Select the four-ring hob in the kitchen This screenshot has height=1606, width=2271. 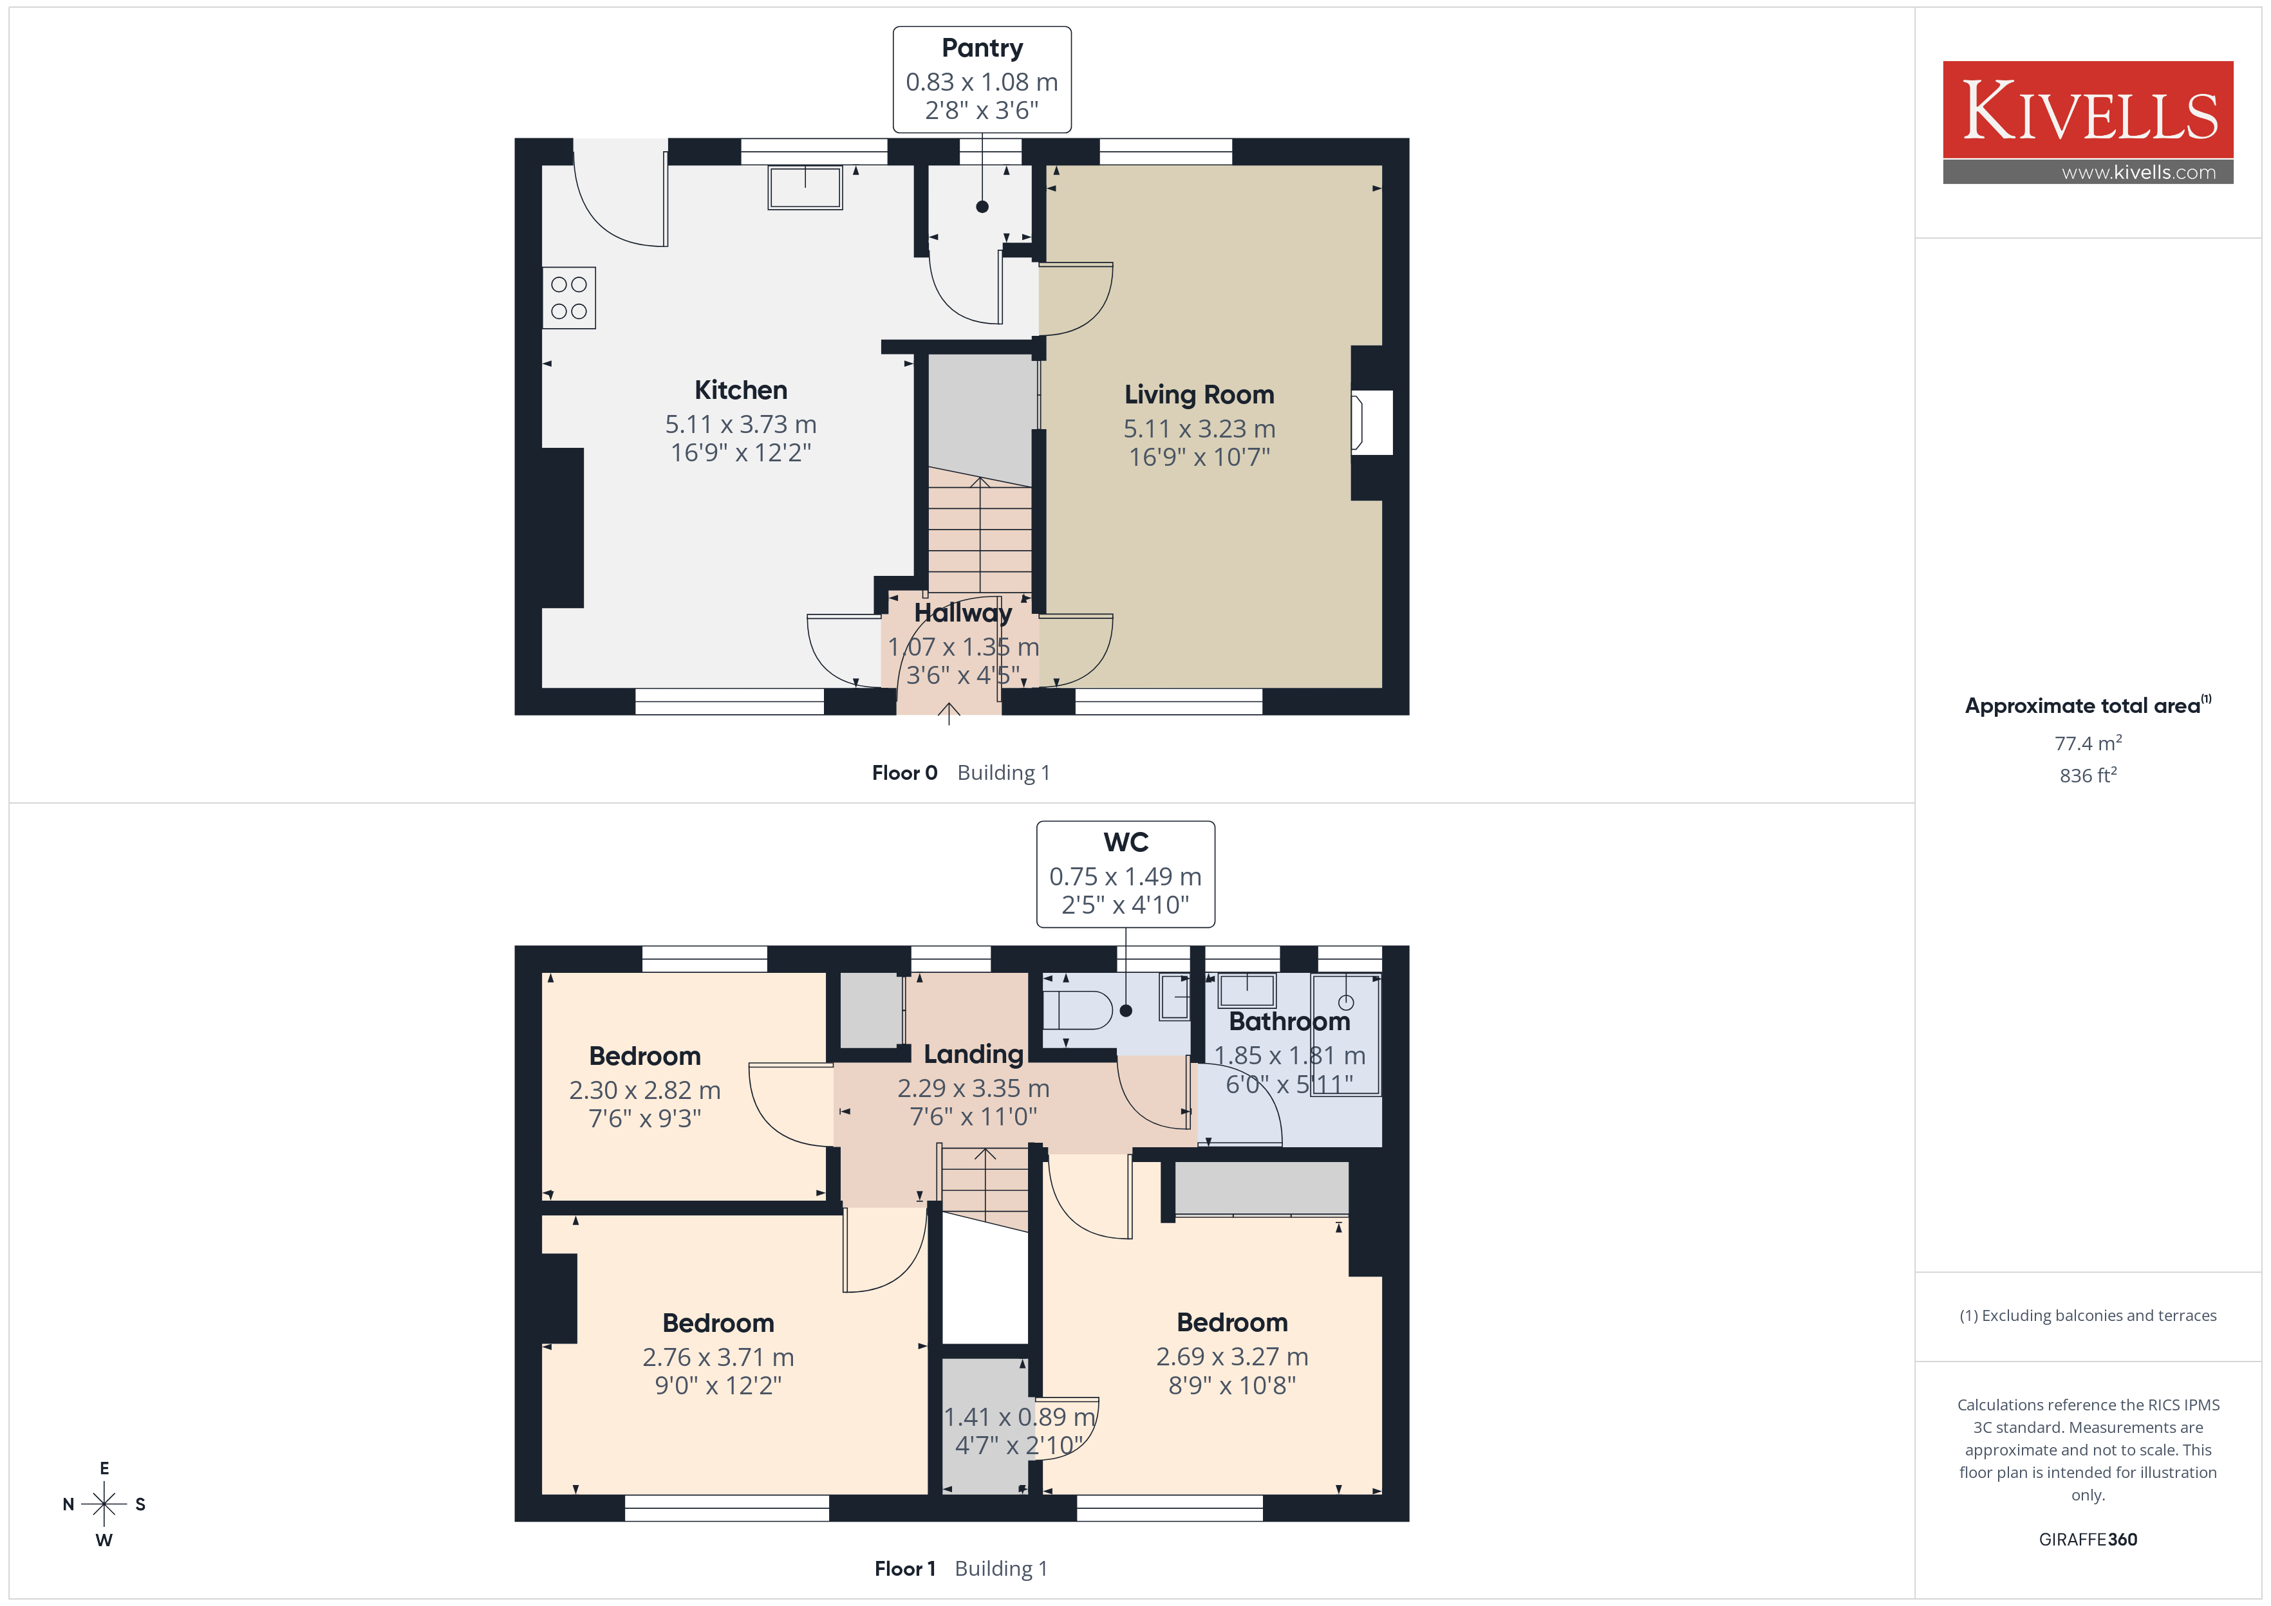[569, 298]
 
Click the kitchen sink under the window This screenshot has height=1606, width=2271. [805, 187]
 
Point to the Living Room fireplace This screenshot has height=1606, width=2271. [1371, 422]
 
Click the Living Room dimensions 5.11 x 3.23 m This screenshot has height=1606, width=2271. [1199, 428]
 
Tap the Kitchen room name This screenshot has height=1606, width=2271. [741, 390]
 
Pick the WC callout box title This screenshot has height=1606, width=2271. [1126, 842]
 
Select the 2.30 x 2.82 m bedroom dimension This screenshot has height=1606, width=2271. [645, 1090]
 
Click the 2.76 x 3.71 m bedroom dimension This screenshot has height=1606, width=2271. [718, 1357]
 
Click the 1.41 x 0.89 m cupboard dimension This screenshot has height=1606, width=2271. [1020, 1417]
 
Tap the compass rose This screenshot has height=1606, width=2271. [104, 1504]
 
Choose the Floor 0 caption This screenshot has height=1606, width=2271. [904, 772]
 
